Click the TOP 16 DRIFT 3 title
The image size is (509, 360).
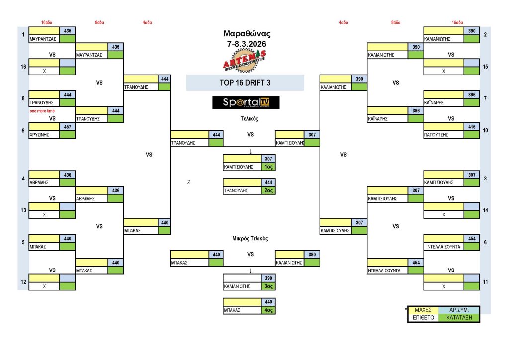click(245, 83)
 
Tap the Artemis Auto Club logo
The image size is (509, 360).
click(244, 60)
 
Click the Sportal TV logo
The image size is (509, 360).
click(246, 103)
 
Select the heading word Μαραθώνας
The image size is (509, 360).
click(247, 34)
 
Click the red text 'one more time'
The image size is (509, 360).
click(42, 111)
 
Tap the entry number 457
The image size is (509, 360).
click(67, 127)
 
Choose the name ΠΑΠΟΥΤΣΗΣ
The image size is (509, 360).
click(437, 135)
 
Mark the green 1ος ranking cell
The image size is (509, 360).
click(269, 167)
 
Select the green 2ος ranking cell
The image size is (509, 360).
click(269, 190)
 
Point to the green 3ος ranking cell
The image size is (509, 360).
click(269, 286)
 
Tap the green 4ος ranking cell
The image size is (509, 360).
click(269, 310)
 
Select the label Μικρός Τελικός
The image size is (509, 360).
click(250, 239)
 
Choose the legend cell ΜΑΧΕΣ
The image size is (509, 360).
click(423, 310)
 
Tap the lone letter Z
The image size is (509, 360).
click(189, 182)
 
